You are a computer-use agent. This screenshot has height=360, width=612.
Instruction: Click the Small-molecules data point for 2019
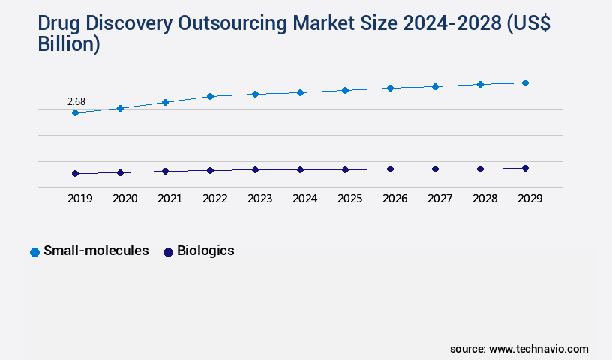point(75,112)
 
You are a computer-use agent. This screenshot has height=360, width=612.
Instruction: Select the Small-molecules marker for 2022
point(210,96)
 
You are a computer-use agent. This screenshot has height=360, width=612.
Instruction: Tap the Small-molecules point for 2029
point(525,82)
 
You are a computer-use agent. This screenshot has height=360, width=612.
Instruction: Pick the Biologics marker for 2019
point(75,173)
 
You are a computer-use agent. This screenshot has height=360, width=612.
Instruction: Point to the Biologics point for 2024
point(300,169)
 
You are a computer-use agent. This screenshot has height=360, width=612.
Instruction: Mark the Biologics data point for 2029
point(525,168)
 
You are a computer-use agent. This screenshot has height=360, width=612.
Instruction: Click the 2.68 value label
point(76,101)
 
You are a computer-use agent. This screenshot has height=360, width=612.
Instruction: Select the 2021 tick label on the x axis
point(169,199)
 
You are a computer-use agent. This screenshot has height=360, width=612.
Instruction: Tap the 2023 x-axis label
point(259,199)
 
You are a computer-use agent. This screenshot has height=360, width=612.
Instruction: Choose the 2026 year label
point(394,199)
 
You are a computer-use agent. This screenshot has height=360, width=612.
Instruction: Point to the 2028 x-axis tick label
point(484,199)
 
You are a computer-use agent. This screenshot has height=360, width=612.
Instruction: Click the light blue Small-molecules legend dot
point(34,252)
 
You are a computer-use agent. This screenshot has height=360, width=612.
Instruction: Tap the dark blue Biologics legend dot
point(168,252)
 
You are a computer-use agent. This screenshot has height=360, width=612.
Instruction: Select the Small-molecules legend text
point(96,250)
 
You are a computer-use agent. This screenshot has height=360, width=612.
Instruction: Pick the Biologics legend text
point(205,250)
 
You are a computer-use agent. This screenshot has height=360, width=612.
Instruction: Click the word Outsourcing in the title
point(232,23)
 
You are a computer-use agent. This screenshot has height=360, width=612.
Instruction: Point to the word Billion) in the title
point(68,44)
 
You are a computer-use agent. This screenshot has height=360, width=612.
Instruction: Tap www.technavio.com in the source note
point(538,349)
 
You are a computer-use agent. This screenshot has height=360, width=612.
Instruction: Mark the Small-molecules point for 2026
point(390,88)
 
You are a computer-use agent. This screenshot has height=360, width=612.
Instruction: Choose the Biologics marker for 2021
point(165,171)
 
